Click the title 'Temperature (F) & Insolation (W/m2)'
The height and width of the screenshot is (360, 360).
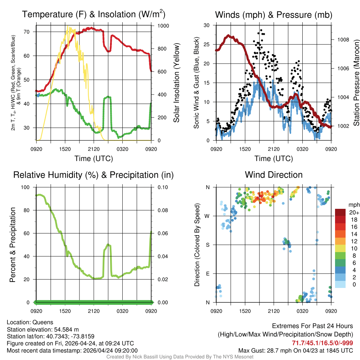[94, 14]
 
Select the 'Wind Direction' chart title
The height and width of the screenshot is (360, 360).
[274, 175]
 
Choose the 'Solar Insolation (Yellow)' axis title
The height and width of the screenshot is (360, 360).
[176, 83]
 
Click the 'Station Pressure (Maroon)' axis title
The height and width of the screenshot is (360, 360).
[356, 83]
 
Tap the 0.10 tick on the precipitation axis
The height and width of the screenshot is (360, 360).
[162, 187]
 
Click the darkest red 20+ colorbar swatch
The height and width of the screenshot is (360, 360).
[341, 212]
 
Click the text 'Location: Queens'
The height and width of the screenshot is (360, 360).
[30, 322]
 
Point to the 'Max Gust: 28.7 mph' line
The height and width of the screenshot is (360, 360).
[296, 351]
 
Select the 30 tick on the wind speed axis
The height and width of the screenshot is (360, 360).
[207, 25]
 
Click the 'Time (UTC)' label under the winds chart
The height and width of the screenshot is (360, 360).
[274, 159]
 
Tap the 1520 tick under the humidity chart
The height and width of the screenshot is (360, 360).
[65, 311]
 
